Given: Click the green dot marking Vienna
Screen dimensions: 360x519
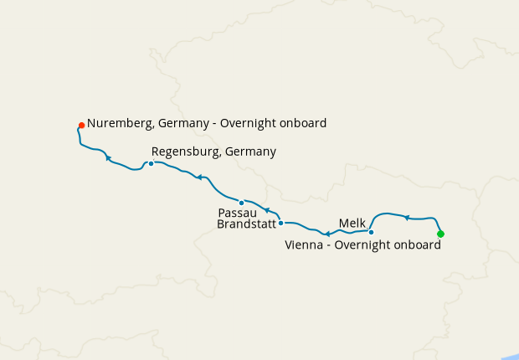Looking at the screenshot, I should pyautogui.click(x=440, y=234).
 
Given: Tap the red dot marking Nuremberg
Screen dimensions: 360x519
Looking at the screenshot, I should pyautogui.click(x=81, y=126).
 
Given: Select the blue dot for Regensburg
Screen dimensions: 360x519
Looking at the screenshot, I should pyautogui.click(x=151, y=163).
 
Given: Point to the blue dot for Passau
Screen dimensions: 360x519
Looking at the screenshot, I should pyautogui.click(x=241, y=203).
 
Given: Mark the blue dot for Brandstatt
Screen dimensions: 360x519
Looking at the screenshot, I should pyautogui.click(x=281, y=223).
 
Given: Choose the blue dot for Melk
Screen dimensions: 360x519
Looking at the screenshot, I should pyautogui.click(x=371, y=232).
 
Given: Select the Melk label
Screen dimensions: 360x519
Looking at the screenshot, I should pyautogui.click(x=352, y=223).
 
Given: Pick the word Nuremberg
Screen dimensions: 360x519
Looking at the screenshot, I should pyautogui.click(x=119, y=123).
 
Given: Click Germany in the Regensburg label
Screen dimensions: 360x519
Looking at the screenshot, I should pyautogui.click(x=249, y=152).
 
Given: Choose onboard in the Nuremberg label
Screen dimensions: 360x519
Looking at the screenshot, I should pyautogui.click(x=302, y=123).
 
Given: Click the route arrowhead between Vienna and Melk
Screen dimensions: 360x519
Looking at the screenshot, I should pyautogui.click(x=407, y=218).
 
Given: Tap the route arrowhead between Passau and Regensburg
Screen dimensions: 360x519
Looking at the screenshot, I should pyautogui.click(x=199, y=177).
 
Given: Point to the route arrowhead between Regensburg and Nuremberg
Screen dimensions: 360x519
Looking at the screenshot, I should pyautogui.click(x=108, y=157).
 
